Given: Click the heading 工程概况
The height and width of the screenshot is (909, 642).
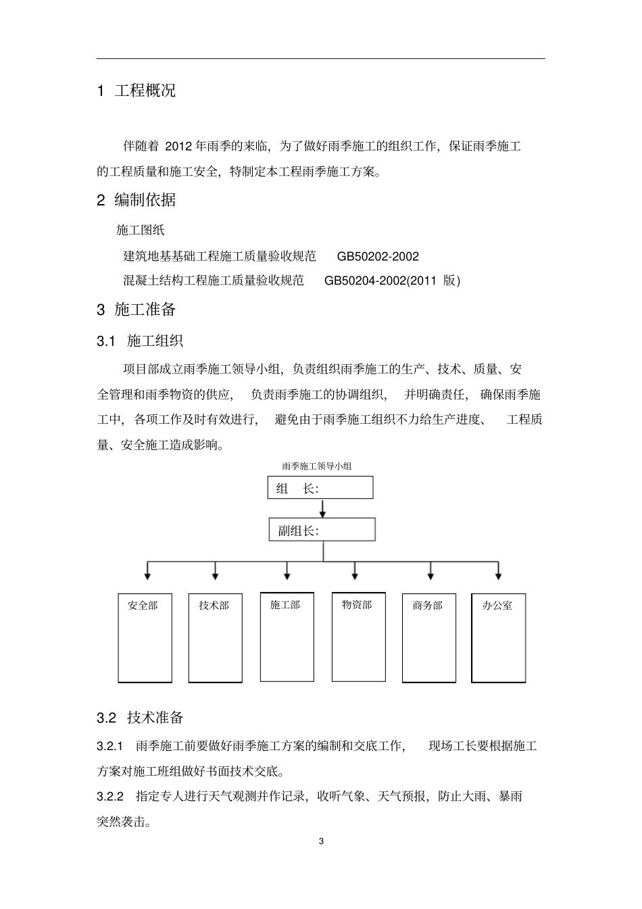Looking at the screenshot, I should coord(145,91).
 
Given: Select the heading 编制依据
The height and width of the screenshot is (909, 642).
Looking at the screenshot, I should coord(145,200).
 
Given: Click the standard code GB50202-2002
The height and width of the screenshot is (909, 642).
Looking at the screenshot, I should coord(378,257).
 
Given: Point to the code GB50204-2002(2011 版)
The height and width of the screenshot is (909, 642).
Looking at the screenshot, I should coord(392,280).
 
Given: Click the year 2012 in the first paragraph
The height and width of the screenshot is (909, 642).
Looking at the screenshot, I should coord(178,146).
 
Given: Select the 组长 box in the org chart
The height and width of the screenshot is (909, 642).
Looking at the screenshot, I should coord(321,488).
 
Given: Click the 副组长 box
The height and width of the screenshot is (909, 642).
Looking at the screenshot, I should coord(322,530).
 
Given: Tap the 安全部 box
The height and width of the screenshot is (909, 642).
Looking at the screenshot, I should coord(145,637).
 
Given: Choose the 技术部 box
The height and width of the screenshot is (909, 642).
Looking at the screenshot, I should coord(215,637).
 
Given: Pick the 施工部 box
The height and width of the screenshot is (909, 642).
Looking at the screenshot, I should coord(287,637).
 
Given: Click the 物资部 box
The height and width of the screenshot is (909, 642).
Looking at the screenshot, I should coord(358,637).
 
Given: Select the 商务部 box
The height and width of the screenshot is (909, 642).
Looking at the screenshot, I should coord(428,637).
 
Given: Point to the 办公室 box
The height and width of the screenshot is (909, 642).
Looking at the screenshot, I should coord(499,637).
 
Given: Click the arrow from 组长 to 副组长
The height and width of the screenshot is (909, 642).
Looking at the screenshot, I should coord(323,508).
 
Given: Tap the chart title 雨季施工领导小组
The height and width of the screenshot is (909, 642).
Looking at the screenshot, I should coord(317,466).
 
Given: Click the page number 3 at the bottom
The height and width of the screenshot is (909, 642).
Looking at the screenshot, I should coord(321,841).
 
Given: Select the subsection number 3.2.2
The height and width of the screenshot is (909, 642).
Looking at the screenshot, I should coord(111,796).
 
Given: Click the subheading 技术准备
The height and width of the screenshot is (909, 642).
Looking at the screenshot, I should coord(155,718).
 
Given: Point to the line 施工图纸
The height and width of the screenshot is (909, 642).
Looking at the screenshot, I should coord(141,230).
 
